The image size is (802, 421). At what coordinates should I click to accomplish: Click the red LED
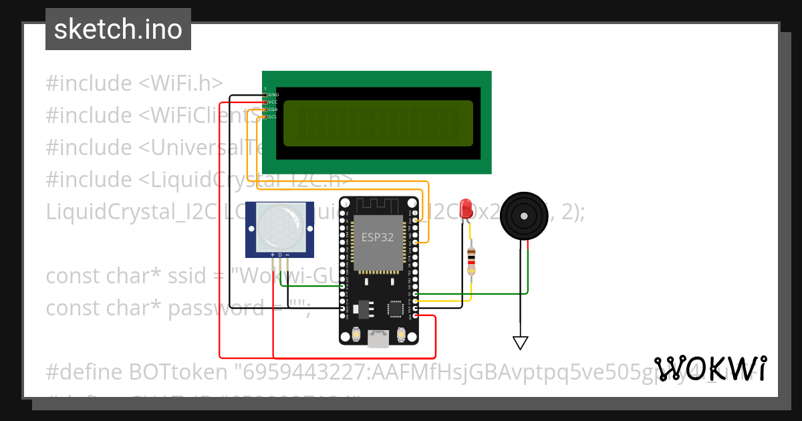pyautogui.click(x=466, y=208)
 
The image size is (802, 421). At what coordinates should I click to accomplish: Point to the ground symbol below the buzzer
pyautogui.click(x=521, y=342)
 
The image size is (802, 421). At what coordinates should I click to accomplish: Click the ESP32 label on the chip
pyautogui.click(x=378, y=237)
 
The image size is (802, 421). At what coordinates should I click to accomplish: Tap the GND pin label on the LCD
pyautogui.click(x=273, y=95)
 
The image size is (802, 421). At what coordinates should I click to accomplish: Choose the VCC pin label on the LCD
pyautogui.click(x=273, y=102)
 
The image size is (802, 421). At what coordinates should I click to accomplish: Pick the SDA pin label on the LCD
pyautogui.click(x=273, y=110)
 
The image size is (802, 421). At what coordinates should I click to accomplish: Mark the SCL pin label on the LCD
pyautogui.click(x=273, y=117)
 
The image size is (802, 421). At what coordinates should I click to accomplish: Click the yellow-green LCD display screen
pyautogui.click(x=378, y=124)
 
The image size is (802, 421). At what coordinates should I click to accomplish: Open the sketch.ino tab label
pyautogui.click(x=118, y=29)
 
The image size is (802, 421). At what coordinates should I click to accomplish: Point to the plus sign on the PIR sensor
pyautogui.click(x=272, y=255)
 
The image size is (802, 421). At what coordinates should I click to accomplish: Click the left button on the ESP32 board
pyautogui.click(x=355, y=333)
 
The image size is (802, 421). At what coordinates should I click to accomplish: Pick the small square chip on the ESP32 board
pyautogui.click(x=395, y=308)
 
